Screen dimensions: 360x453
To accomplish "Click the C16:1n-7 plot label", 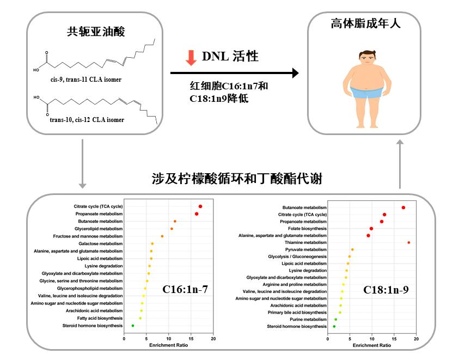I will click(185, 289).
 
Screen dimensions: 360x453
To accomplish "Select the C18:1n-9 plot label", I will click(386, 290).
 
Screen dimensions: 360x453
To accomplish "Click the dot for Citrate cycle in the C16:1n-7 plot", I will click(200, 206).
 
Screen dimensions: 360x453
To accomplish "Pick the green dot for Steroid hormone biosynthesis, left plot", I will click(133, 325).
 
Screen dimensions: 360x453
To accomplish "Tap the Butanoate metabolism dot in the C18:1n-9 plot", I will click(403, 208).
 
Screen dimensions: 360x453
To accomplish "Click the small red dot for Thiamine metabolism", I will click(408, 242).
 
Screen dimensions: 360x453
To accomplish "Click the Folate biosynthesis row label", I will click(307, 229).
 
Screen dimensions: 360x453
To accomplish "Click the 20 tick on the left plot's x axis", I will click(213, 339).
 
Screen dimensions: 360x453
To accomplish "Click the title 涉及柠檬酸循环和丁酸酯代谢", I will click(237, 178).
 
